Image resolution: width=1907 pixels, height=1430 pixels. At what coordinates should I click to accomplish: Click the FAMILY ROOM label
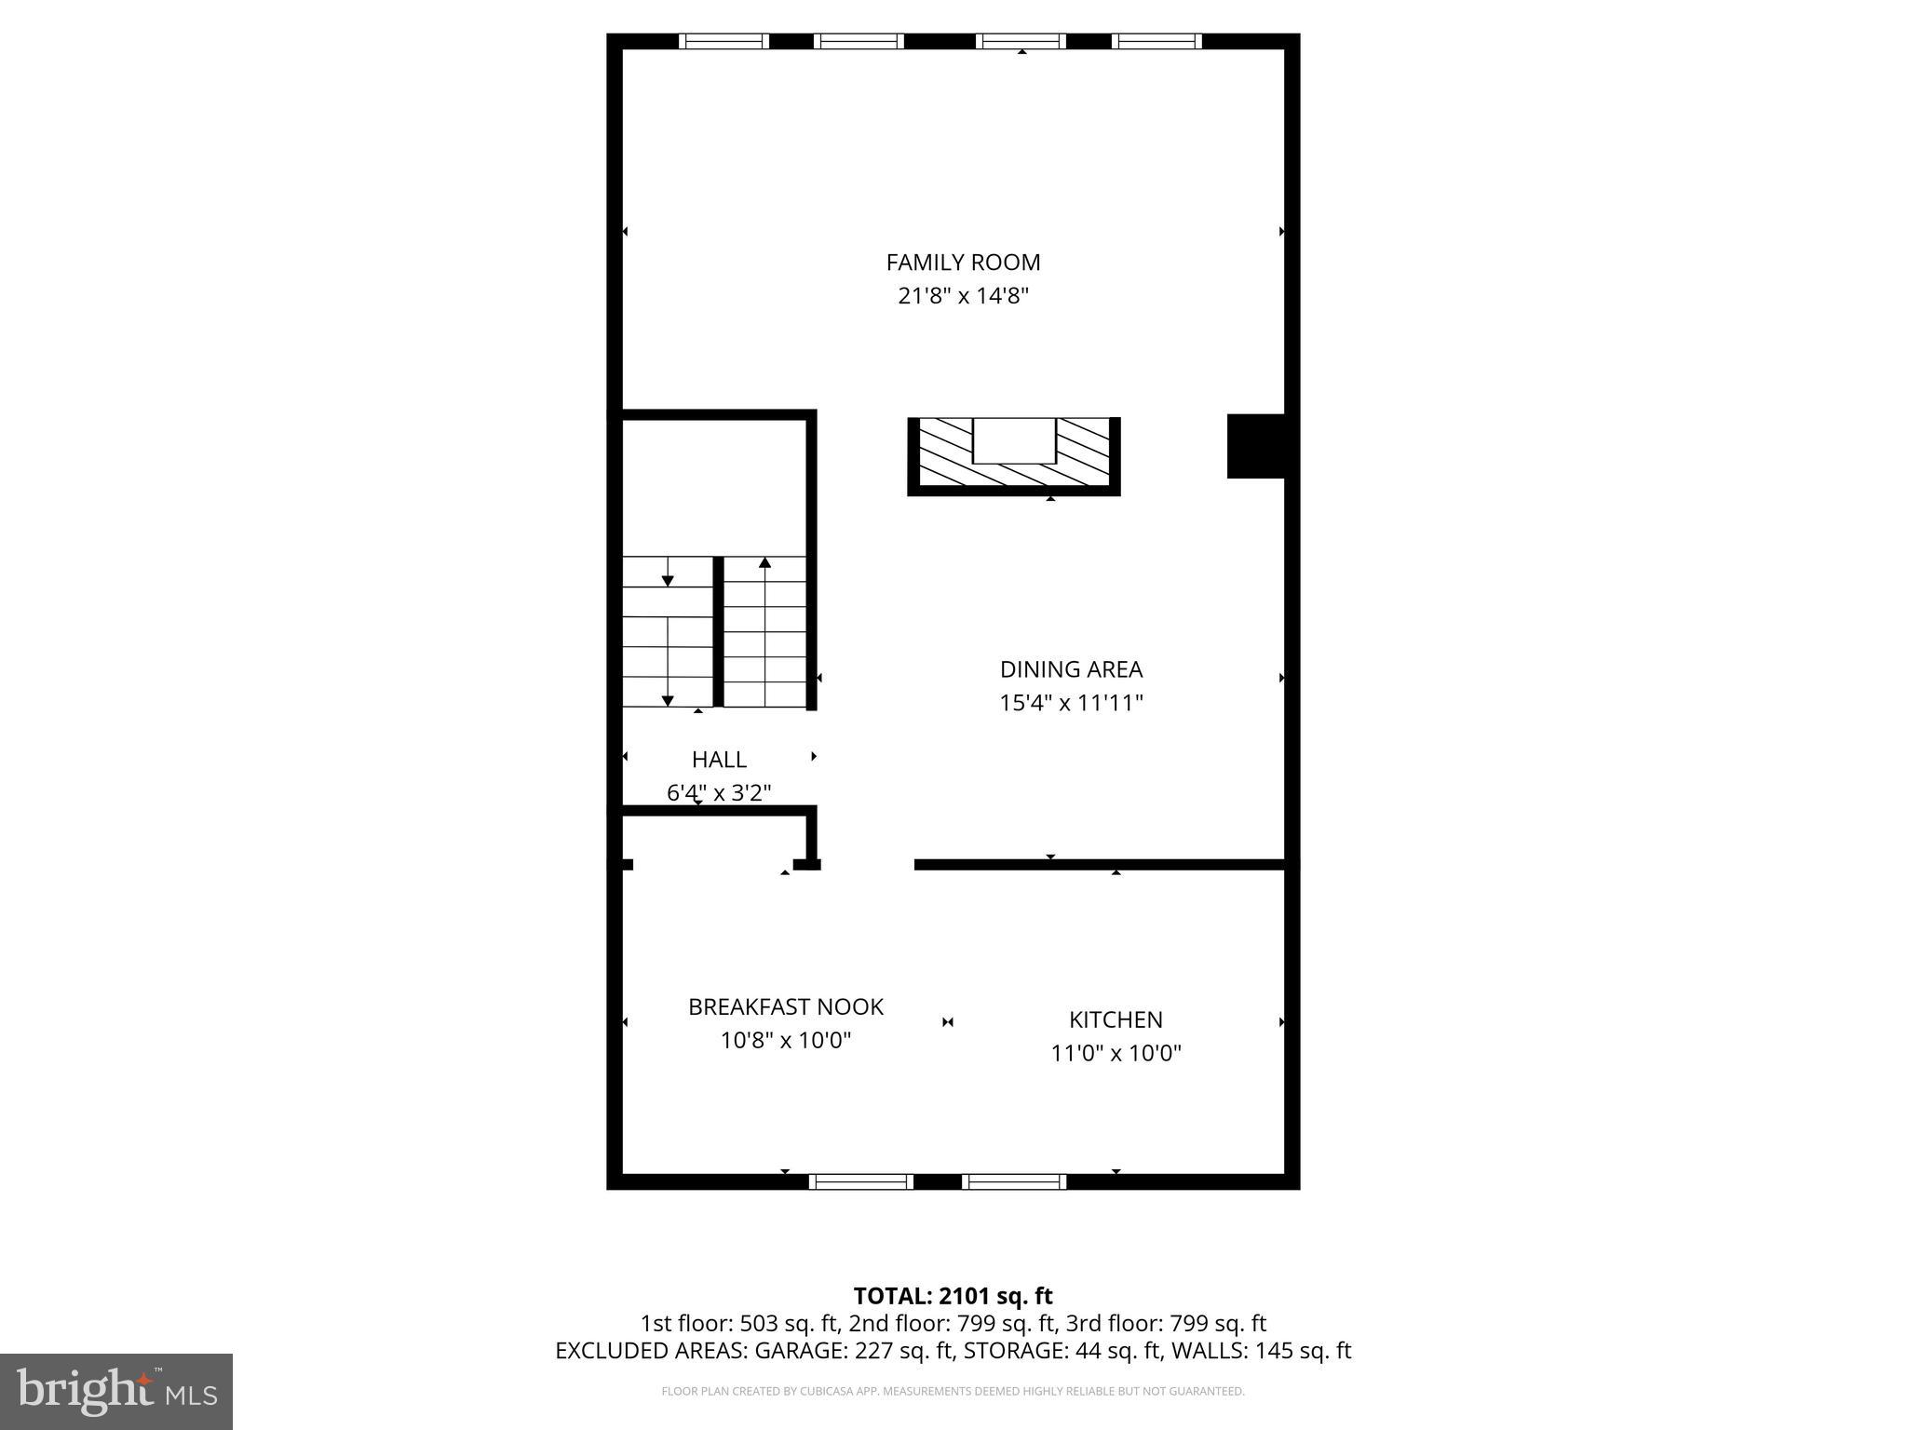click(x=963, y=263)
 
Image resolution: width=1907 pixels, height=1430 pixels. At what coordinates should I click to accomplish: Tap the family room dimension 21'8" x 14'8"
click(x=963, y=296)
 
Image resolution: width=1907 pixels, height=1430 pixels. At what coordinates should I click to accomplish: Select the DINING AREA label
click(x=1071, y=669)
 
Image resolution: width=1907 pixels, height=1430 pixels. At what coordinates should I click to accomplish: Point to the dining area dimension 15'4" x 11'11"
click(x=1071, y=703)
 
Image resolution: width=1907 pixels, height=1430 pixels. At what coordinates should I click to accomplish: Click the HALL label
click(x=719, y=760)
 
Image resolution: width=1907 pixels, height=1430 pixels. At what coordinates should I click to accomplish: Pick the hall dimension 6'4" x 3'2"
click(x=719, y=793)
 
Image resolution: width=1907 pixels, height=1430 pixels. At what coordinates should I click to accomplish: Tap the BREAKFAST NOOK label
click(x=786, y=1006)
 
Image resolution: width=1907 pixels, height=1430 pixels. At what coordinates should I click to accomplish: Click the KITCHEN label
click(x=1116, y=1019)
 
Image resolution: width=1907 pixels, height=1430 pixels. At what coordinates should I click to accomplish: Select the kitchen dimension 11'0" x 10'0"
click(x=1116, y=1053)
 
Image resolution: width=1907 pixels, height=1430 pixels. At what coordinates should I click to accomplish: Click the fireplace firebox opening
click(x=1014, y=440)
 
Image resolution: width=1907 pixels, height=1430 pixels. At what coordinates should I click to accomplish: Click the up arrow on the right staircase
click(x=764, y=562)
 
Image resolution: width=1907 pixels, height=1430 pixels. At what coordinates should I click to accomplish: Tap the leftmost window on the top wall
click(x=724, y=41)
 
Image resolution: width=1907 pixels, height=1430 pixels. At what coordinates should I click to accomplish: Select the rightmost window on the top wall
click(x=1156, y=41)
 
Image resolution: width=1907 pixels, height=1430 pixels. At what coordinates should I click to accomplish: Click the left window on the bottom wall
click(x=860, y=1181)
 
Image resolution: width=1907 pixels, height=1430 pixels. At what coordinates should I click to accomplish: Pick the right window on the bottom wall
click(x=1014, y=1181)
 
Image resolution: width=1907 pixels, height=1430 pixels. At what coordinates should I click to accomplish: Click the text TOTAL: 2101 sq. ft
click(x=953, y=1296)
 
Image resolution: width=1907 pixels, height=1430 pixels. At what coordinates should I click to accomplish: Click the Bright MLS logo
click(x=116, y=1391)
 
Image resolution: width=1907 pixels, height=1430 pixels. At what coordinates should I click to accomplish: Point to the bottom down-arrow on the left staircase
click(x=668, y=699)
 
